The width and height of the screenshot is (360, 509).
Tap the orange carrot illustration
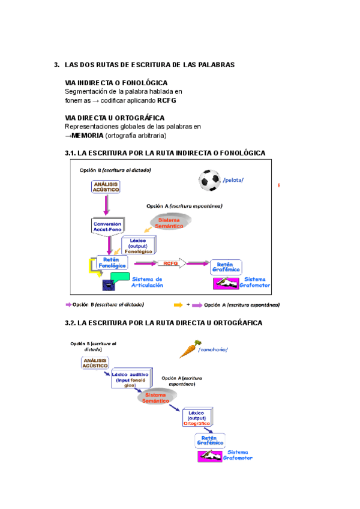187,350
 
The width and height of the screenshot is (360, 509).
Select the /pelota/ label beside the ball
233,179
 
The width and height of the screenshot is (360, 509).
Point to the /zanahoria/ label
213,350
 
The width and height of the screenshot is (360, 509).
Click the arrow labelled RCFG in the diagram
170,263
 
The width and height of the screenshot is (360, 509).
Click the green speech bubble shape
119,279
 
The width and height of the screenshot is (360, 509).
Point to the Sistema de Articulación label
147,282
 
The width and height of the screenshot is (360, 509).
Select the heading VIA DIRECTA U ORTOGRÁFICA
114,118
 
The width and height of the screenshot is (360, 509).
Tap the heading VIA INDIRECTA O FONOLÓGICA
116,82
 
